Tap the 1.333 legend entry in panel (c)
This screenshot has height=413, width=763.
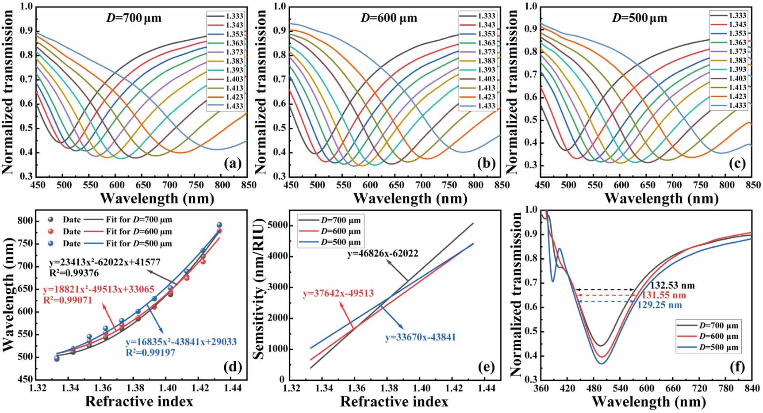pos(728,15)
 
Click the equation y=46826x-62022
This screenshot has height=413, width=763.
pos(383,254)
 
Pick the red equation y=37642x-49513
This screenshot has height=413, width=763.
pos(338,294)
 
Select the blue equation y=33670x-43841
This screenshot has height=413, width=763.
pos(420,337)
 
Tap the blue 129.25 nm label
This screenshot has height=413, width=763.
pos(659,305)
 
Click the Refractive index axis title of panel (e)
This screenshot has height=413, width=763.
pos(394,402)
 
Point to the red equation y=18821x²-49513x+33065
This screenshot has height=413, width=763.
pos(99,290)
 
